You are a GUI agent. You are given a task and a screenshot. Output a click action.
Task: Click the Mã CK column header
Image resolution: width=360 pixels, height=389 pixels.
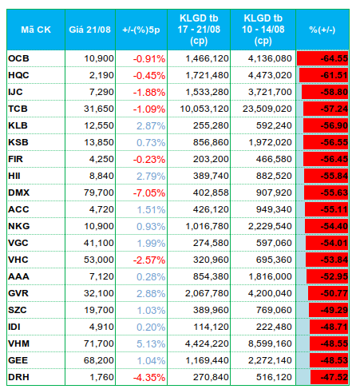pos(36,30)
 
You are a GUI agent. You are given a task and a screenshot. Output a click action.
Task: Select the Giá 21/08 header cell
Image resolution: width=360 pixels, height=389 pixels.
pos(90,30)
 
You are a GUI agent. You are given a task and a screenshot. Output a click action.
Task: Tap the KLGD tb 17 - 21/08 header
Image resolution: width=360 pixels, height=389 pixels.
pos(199,30)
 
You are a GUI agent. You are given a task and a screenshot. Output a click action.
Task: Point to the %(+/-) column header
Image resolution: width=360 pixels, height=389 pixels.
pos(322,30)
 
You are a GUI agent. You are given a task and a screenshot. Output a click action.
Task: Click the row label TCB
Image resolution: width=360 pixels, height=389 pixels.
pos(18,109)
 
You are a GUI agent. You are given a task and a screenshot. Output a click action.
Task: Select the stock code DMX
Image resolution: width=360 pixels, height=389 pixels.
pos(18,193)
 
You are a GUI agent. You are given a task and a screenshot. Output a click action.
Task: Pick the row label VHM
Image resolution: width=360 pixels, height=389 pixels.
pos(18,343)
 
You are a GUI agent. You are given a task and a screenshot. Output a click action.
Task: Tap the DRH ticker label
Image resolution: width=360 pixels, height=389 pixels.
pos(18,377)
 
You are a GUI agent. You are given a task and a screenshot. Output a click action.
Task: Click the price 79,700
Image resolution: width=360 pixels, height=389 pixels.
pos(99,193)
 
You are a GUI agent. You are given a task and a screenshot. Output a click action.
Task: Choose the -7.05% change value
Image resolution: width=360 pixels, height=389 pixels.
pos(149,193)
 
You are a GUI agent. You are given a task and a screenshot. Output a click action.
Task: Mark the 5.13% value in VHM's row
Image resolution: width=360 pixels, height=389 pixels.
pos(151,343)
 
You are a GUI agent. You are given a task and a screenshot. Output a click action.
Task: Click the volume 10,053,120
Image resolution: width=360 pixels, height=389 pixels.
pos(204,109)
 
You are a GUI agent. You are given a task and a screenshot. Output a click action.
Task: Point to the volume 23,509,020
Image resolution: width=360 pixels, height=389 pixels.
pos(267,109)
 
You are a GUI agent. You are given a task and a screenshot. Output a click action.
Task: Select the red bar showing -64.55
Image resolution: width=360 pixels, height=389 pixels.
pos(322,58)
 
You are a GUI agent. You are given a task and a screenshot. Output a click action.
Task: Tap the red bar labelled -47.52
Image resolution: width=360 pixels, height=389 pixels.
pos(329,377)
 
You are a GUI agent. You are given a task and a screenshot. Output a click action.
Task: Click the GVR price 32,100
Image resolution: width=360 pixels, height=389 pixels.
pos(99,293)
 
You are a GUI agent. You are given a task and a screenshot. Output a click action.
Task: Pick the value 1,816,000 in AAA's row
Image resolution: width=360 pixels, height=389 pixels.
pos(270,276)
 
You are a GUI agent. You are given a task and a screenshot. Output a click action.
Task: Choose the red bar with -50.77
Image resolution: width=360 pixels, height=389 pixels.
pos(328,293)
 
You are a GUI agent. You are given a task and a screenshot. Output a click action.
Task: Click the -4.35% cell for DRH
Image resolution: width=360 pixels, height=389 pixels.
pos(149,377)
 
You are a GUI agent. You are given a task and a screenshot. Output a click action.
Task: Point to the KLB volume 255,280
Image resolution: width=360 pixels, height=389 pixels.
pos(211,125)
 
